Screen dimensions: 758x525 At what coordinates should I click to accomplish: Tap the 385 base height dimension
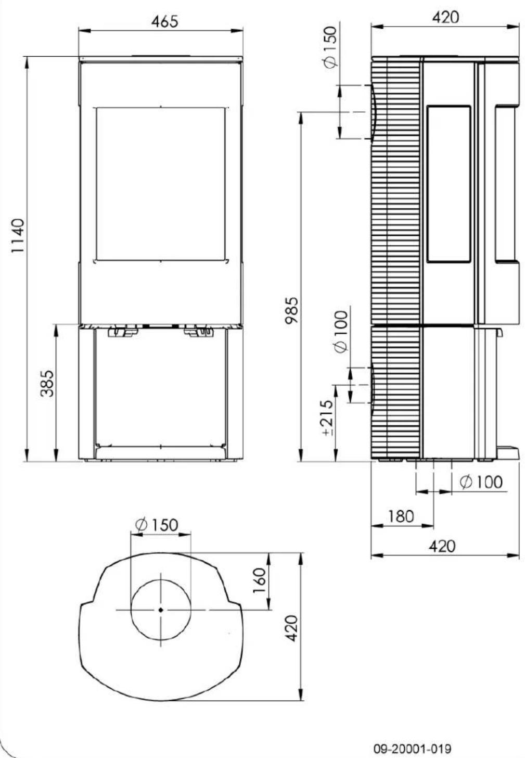click(47, 384)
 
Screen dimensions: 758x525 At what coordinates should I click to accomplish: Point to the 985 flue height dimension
click(293, 310)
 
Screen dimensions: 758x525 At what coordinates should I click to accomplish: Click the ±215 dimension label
click(327, 418)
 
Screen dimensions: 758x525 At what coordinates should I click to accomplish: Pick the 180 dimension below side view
click(401, 517)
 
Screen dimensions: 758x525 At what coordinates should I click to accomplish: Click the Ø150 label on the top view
click(156, 524)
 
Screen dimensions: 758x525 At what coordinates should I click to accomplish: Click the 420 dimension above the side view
click(445, 17)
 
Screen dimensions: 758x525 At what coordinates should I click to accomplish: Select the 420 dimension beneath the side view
click(442, 547)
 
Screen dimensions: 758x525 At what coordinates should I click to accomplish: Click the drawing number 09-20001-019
click(413, 749)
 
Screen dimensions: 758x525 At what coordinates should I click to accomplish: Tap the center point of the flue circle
click(161, 610)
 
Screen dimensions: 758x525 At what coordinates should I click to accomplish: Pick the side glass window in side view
click(449, 183)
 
